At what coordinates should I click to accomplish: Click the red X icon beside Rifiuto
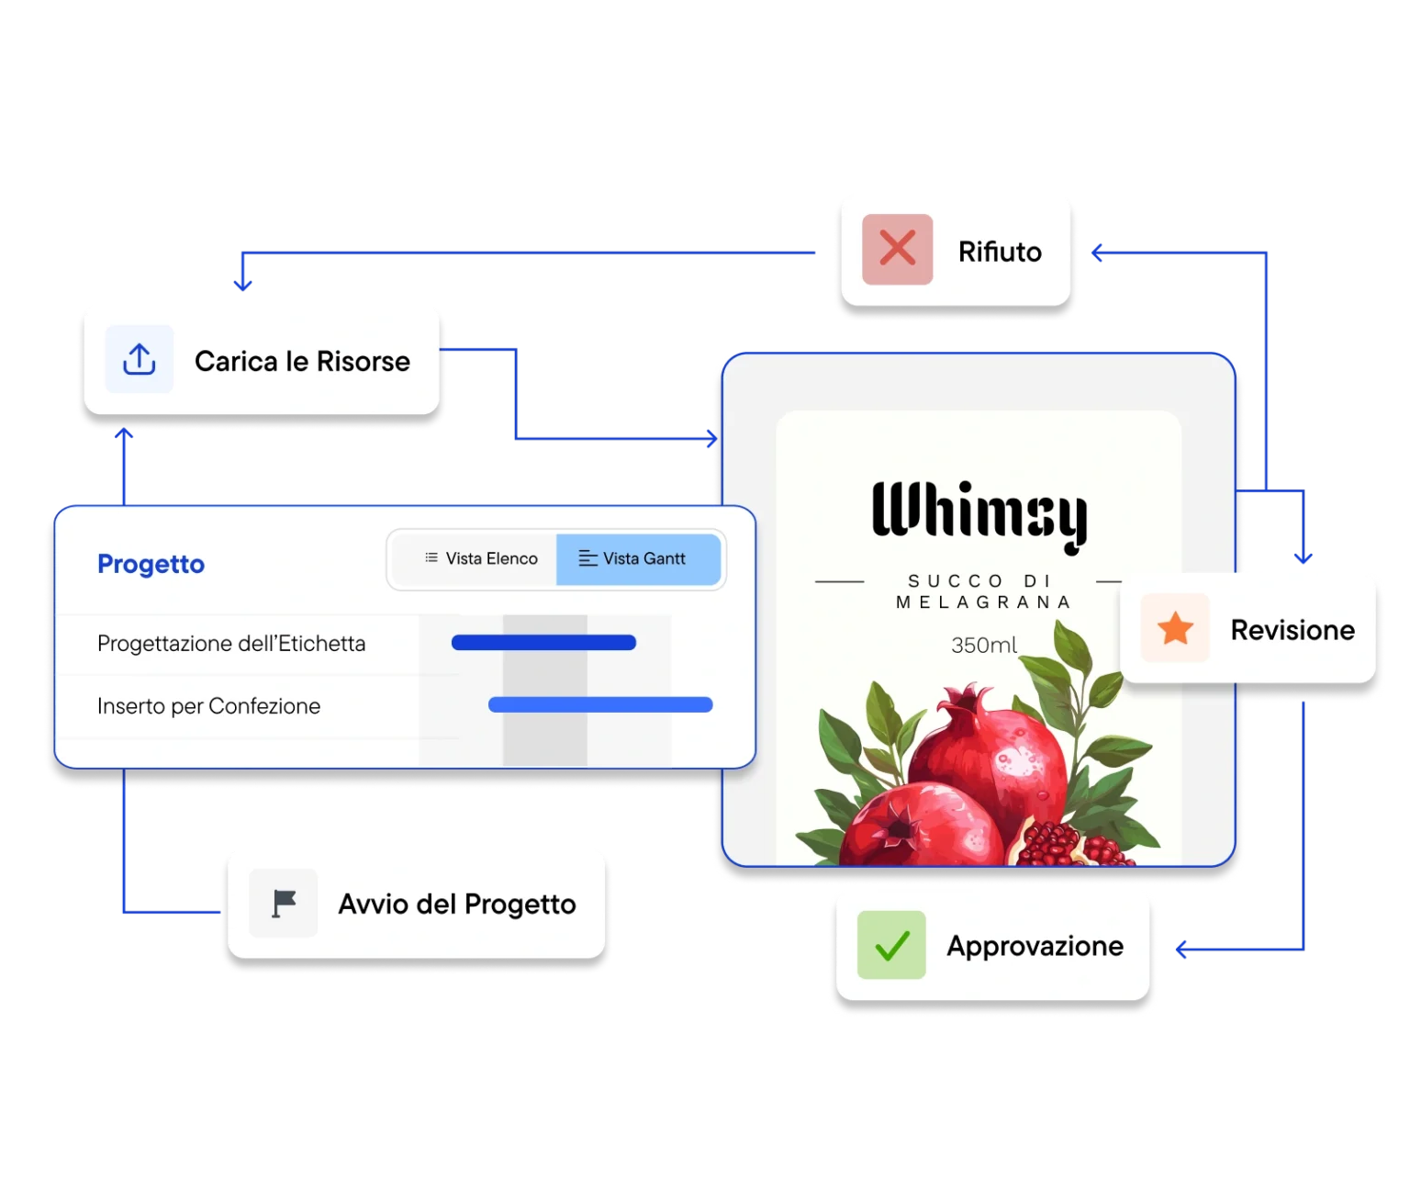pyautogui.click(x=897, y=250)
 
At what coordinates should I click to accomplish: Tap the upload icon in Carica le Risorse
pyautogui.click(x=139, y=359)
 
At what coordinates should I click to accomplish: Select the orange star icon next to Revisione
pyautogui.click(x=1175, y=629)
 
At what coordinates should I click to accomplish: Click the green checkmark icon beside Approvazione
pyautogui.click(x=891, y=945)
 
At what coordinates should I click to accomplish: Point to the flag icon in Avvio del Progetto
pyautogui.click(x=284, y=903)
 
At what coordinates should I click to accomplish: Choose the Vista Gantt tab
pyautogui.click(x=638, y=558)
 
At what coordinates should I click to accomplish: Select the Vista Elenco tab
pyautogui.click(x=481, y=558)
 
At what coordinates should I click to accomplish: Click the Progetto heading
pyautogui.click(x=151, y=564)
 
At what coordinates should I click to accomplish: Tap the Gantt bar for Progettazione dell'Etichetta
pyautogui.click(x=543, y=643)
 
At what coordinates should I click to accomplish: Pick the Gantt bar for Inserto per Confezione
pyautogui.click(x=600, y=705)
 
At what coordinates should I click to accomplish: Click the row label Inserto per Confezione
pyautogui.click(x=208, y=706)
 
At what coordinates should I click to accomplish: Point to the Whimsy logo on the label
pyautogui.click(x=979, y=514)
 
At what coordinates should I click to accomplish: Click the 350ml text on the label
pyautogui.click(x=983, y=646)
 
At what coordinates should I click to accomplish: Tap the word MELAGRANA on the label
pyautogui.click(x=983, y=602)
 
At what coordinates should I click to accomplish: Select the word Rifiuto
pyautogui.click(x=1000, y=252)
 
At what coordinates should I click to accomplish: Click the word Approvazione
pyautogui.click(x=1035, y=946)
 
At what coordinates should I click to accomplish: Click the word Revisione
pyautogui.click(x=1292, y=630)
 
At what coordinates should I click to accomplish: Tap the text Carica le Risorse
pyautogui.click(x=302, y=361)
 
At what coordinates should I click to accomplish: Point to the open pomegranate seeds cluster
pyautogui.click(x=1065, y=843)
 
